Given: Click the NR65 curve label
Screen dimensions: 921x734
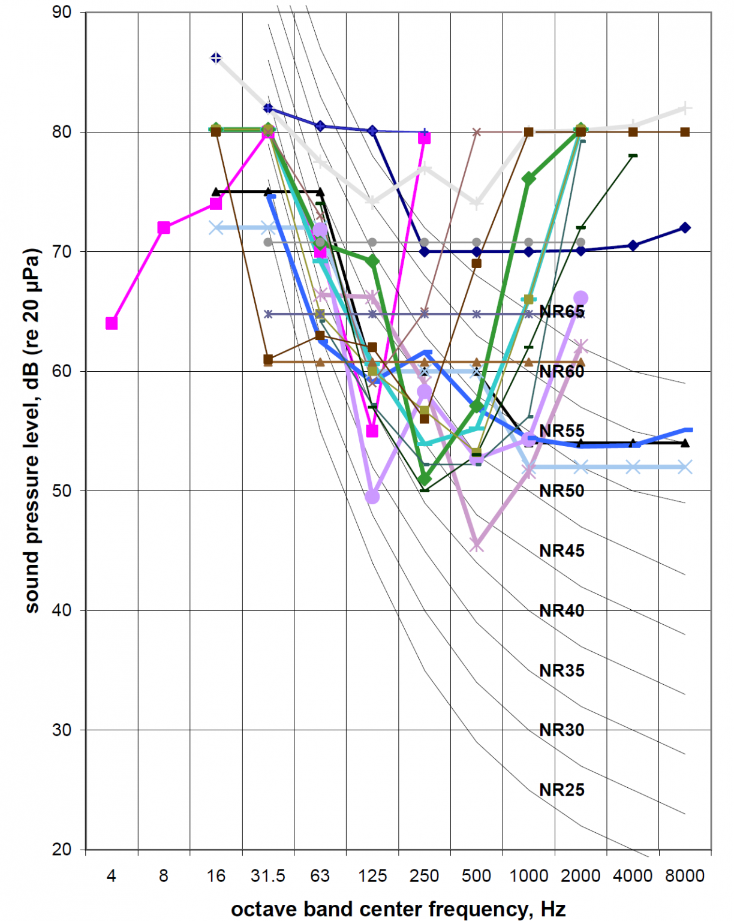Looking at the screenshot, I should coord(561,311).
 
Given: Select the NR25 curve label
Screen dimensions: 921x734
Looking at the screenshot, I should coord(561,790).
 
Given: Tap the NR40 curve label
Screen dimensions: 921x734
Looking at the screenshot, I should coord(561,610).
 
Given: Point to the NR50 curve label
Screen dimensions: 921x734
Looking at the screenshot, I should coord(561,490).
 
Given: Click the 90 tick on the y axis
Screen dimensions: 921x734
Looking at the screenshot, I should coord(61,12).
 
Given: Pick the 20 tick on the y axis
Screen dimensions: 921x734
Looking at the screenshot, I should coord(61,850).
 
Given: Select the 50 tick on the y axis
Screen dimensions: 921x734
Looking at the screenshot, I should coord(61,490).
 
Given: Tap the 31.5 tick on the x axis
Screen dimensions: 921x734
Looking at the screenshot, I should coord(268,876).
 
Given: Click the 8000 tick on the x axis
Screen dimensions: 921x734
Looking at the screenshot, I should coord(685,876).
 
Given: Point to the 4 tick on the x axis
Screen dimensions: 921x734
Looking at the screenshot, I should coord(112,876).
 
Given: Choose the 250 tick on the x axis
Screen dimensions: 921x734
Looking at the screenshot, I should coord(424,876).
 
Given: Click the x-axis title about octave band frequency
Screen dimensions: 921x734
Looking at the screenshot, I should coord(398,909).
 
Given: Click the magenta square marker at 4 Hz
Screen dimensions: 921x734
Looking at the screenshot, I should coord(112,323).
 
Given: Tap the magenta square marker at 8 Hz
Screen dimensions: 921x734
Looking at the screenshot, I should coord(164,227).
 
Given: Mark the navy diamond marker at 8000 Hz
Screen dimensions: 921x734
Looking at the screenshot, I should coord(685,228).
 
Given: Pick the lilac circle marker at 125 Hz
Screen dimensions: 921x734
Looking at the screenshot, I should coord(372,496).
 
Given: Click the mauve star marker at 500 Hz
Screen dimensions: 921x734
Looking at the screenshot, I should coord(477,545).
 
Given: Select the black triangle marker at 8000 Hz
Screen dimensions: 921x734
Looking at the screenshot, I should coord(685,443).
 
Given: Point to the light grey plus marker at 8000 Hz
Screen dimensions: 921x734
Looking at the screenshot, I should coord(685,109).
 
